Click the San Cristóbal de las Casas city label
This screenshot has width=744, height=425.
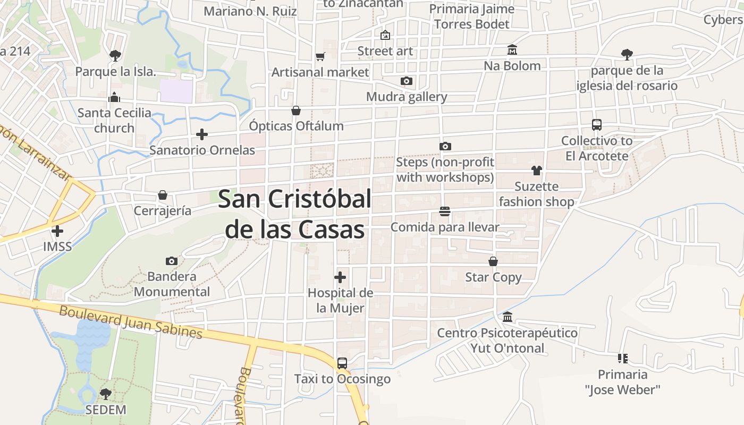click(294, 214)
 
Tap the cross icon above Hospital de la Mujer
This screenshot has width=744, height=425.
click(340, 277)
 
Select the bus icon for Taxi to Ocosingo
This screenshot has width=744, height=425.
click(342, 363)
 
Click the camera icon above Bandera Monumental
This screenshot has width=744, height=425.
click(171, 261)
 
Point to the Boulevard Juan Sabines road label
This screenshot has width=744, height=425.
click(131, 321)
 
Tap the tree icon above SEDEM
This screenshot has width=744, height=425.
click(106, 394)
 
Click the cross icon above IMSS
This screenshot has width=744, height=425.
click(57, 231)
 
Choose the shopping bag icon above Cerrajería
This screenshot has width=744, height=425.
click(163, 195)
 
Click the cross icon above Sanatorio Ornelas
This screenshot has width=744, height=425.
click(202, 134)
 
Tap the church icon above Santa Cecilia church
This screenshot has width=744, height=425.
click(114, 97)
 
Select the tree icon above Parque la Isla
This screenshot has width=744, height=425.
click(115, 55)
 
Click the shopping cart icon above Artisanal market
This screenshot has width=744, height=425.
click(320, 56)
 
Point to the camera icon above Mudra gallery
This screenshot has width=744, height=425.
click(407, 81)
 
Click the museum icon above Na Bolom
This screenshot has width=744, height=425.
click(512, 50)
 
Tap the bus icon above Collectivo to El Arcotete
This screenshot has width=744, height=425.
click(597, 125)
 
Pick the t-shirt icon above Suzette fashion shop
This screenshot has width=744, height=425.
click(536, 171)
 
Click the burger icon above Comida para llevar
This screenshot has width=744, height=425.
click(445, 211)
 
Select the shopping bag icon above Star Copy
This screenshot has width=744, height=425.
click(493, 261)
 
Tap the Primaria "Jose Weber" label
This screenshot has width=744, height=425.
click(622, 382)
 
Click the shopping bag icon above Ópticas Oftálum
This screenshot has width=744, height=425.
click(296, 110)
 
